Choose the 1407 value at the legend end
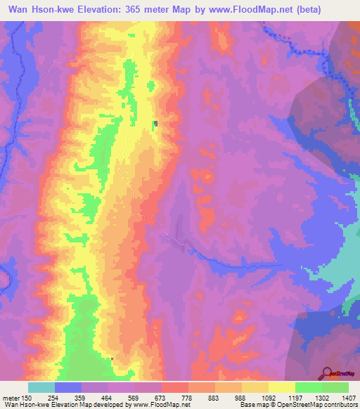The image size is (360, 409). click(x=347, y=398)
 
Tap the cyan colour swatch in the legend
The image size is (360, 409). click(x=41, y=387)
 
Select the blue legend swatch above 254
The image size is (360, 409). click(x=68, y=387)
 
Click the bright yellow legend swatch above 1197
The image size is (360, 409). click(x=281, y=387)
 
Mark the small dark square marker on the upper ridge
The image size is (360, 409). click(x=156, y=124)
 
